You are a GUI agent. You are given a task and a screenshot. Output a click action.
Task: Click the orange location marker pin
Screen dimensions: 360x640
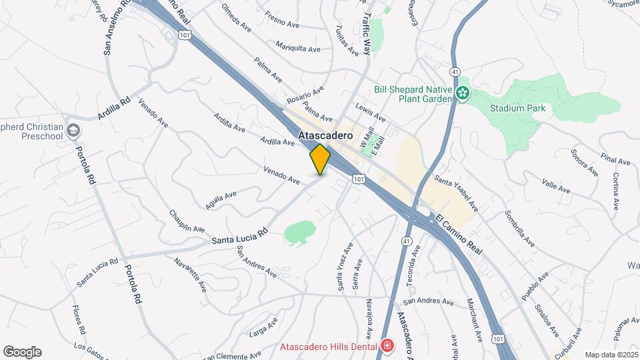point(320,159)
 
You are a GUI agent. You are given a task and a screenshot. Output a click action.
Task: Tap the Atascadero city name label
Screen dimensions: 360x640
point(325,134)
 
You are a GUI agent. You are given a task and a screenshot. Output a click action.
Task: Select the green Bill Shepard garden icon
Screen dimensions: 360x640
point(463,93)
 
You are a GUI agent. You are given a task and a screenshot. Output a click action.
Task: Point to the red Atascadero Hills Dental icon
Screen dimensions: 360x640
point(387,346)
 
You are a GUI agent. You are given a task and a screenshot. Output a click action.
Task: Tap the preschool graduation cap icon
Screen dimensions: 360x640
point(73,130)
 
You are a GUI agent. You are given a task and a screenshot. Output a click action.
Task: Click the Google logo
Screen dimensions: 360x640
point(22,352)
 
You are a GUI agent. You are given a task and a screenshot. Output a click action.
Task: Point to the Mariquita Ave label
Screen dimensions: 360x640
point(298,48)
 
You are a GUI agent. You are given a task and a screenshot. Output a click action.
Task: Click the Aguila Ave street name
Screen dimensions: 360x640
point(221,200)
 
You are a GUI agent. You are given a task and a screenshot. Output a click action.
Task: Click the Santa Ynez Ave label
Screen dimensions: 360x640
point(345,267)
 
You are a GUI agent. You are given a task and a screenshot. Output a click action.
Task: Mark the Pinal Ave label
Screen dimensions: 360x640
point(615,160)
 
